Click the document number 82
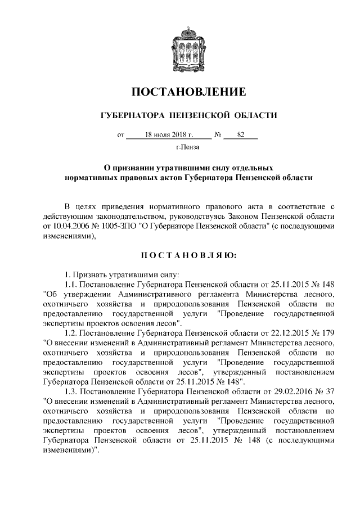tap(240, 136)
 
